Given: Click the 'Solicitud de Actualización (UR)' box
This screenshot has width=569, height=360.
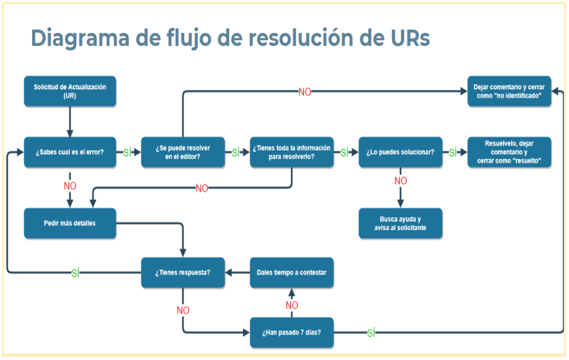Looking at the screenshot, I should (70, 92).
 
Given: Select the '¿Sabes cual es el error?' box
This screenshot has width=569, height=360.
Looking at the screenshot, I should (70, 153).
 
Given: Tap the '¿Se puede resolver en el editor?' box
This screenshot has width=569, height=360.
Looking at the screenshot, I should (183, 153).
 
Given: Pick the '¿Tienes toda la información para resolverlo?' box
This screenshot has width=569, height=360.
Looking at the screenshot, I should (292, 153).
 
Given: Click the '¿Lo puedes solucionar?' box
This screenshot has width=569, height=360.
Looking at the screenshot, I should (400, 153).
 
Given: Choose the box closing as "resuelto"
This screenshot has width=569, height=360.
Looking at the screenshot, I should (510, 153).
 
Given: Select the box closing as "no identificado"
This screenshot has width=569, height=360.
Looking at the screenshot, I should (510, 92).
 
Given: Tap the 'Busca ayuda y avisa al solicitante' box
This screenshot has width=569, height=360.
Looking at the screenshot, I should (400, 223).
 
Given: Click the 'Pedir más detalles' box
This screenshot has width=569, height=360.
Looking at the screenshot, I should (70, 223).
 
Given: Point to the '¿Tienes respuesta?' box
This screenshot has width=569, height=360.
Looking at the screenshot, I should (183, 273).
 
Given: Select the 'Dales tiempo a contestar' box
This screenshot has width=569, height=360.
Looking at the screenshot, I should (292, 273).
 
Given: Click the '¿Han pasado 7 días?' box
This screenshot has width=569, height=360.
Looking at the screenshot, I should (292, 332).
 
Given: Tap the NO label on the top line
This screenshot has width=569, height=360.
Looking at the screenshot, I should (305, 92).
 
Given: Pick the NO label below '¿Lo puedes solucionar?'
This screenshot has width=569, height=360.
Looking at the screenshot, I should (400, 181).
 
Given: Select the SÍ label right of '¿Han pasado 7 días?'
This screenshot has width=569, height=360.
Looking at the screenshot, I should (371, 333).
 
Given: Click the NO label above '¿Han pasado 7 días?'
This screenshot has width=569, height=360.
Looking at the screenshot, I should (292, 305).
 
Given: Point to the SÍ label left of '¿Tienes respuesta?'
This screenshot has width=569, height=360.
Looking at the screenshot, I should (76, 273).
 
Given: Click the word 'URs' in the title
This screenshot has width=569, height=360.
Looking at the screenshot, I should (405, 39).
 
